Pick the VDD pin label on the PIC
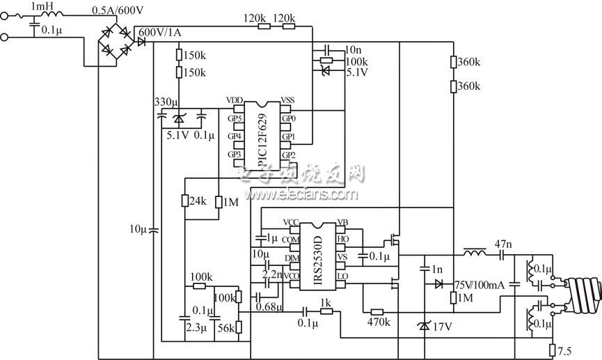[235, 101]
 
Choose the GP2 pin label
[288, 155]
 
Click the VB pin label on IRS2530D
[342, 223]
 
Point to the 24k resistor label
[198, 201]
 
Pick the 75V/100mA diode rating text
[477, 283]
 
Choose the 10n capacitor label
[354, 49]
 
